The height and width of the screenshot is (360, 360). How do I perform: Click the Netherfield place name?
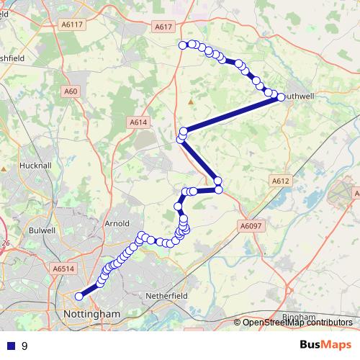(166, 295)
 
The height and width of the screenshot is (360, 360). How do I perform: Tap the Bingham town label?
(299, 317)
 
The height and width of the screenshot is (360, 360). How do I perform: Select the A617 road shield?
(164, 27)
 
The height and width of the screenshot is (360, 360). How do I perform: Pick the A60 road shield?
(71, 91)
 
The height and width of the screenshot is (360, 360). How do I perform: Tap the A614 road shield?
(139, 122)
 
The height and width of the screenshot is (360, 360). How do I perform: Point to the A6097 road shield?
(249, 226)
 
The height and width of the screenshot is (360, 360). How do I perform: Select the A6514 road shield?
(63, 269)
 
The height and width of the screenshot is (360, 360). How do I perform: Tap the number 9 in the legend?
(24, 346)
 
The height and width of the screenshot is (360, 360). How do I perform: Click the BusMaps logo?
(325, 346)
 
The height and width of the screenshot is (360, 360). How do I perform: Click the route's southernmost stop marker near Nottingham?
(79, 296)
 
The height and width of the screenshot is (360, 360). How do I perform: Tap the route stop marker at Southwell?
(279, 97)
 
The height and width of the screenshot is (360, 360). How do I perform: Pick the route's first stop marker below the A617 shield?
(183, 45)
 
